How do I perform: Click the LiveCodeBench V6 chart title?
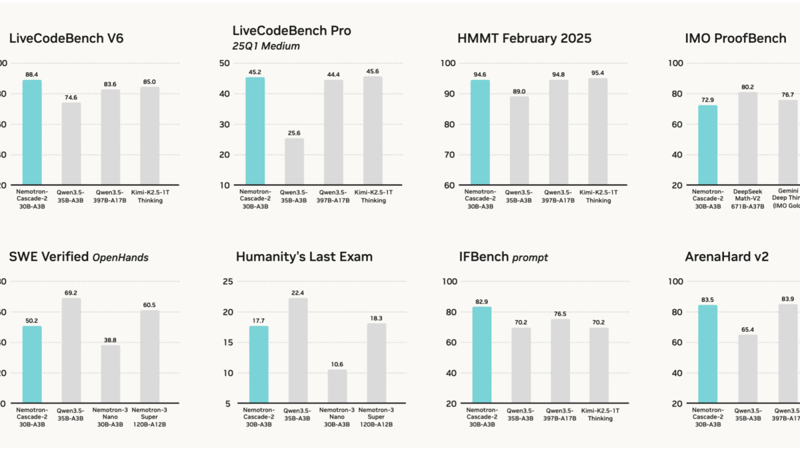pyautogui.click(x=66, y=38)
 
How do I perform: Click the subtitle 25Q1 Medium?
pyautogui.click(x=266, y=46)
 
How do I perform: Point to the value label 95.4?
pyautogui.click(x=597, y=73)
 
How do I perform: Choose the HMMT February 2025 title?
pyautogui.click(x=524, y=38)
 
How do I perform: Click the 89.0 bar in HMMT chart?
pyautogui.click(x=519, y=141)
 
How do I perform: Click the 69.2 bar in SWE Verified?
pyautogui.click(x=71, y=350)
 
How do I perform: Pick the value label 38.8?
pyautogui.click(x=111, y=339)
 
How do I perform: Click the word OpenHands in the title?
pyautogui.click(x=119, y=257)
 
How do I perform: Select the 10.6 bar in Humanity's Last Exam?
pyautogui.click(x=337, y=386)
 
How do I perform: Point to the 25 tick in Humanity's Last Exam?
pyautogui.click(x=227, y=281)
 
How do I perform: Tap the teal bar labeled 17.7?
pyautogui.click(x=259, y=364)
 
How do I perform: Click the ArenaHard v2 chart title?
pyautogui.click(x=727, y=257)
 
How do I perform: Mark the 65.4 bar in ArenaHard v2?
pyautogui.click(x=747, y=369)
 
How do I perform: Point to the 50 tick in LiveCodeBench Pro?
pyautogui.click(x=225, y=63)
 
